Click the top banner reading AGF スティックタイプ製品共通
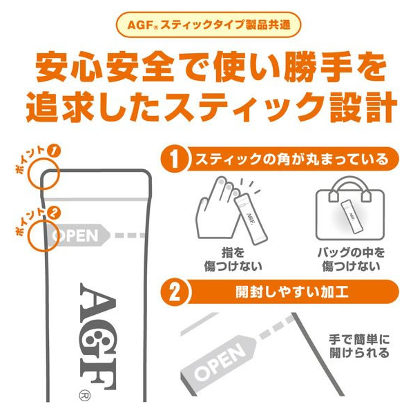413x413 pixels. (x=208, y=24)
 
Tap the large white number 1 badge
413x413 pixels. (x=174, y=159)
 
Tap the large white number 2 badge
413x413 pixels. (x=174, y=292)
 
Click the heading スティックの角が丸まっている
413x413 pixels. (x=292, y=159)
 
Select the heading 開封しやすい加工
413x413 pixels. (x=292, y=292)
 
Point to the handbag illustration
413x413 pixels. (x=350, y=209)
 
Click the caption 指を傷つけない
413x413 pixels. (x=233, y=260)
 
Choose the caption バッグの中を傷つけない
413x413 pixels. (x=351, y=260)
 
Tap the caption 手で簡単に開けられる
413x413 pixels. (x=359, y=346)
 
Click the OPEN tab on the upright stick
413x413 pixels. (x=79, y=236)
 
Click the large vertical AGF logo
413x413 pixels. (x=97, y=336)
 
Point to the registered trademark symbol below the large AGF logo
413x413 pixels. (x=84, y=395)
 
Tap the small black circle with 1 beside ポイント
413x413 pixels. (x=54, y=151)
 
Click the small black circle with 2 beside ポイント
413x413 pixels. (x=54, y=213)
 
